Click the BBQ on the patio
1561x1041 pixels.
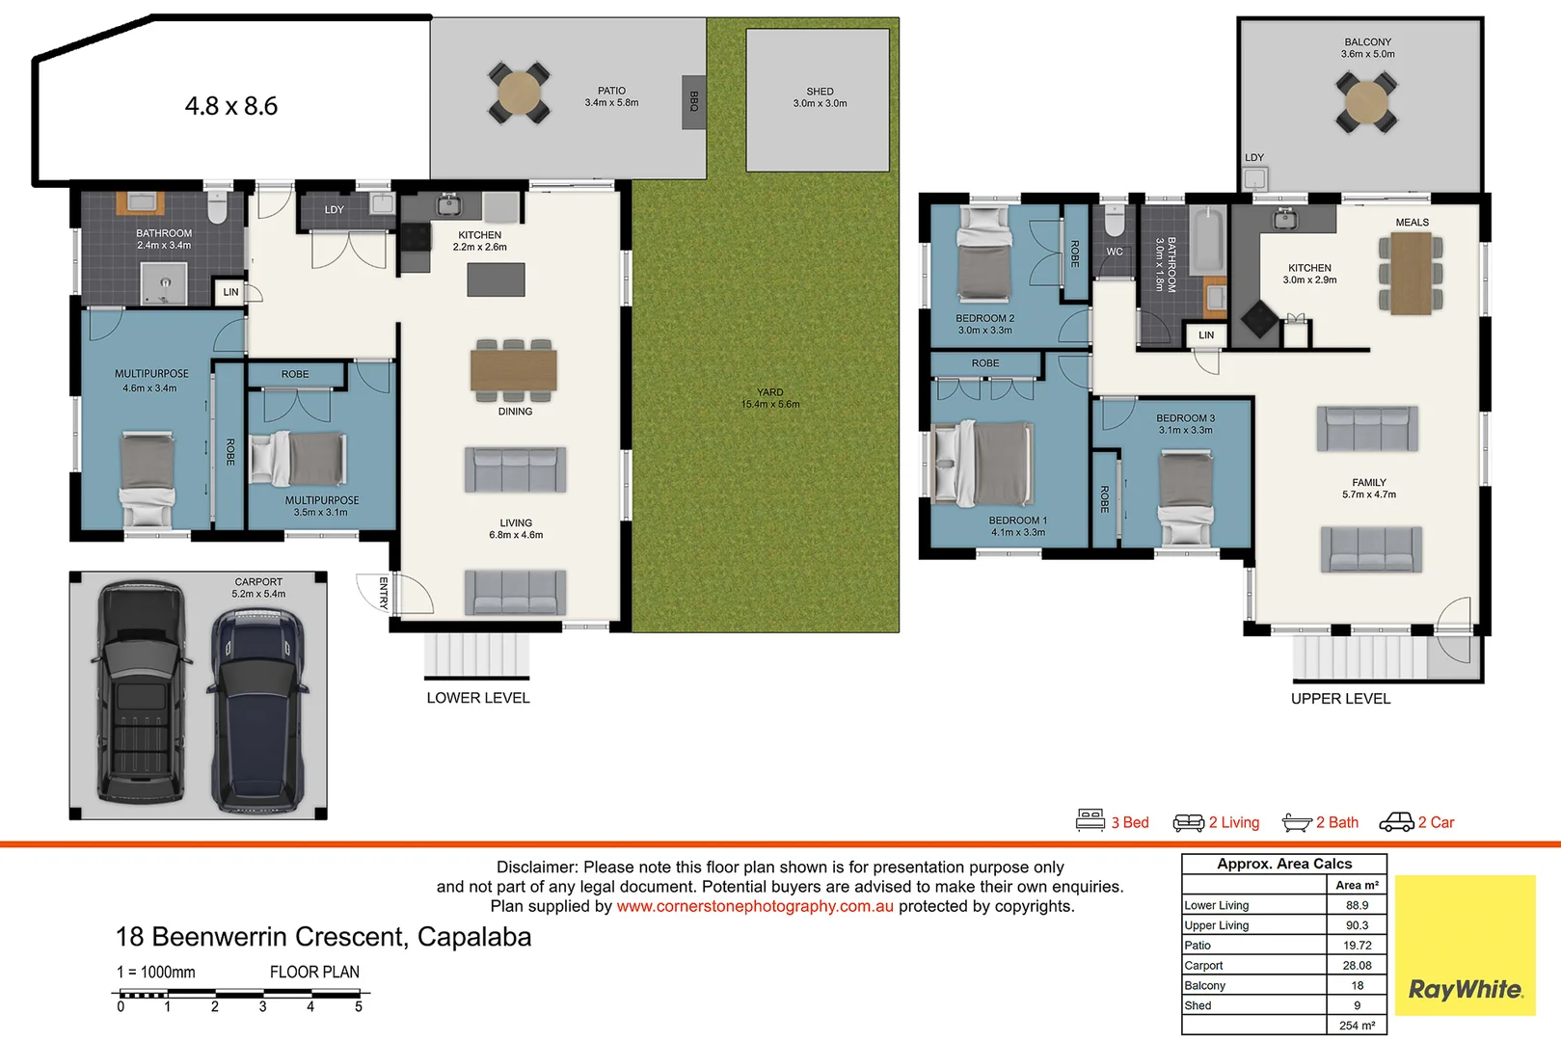[x=693, y=102]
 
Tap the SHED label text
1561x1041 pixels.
[x=820, y=92]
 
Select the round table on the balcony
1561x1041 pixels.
[x=1366, y=100]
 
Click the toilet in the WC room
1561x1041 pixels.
[x=1114, y=222]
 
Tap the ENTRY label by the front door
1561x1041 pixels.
[x=383, y=593]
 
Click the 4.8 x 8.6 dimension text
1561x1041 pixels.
[x=231, y=106]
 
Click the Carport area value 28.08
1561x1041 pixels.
[x=1357, y=965]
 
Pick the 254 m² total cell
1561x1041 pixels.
[x=1357, y=1026]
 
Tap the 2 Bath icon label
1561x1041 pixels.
[x=1336, y=822]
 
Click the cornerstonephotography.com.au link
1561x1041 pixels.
[x=755, y=906]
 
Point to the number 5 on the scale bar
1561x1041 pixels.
[x=359, y=1007]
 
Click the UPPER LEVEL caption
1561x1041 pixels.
[x=1340, y=699]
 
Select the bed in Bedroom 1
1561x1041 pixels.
[x=983, y=465]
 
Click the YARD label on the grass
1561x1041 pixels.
[x=769, y=392]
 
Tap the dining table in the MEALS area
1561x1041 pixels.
[x=1411, y=274]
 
